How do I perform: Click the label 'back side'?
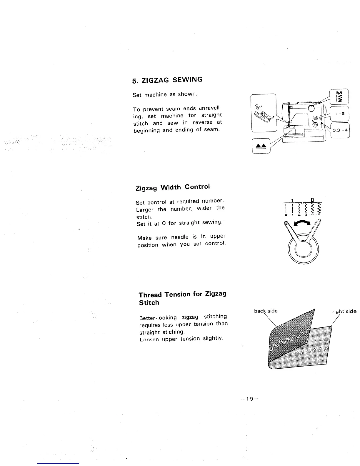[266, 311]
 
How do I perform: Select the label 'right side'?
[344, 311]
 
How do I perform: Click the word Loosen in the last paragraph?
[149, 339]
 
